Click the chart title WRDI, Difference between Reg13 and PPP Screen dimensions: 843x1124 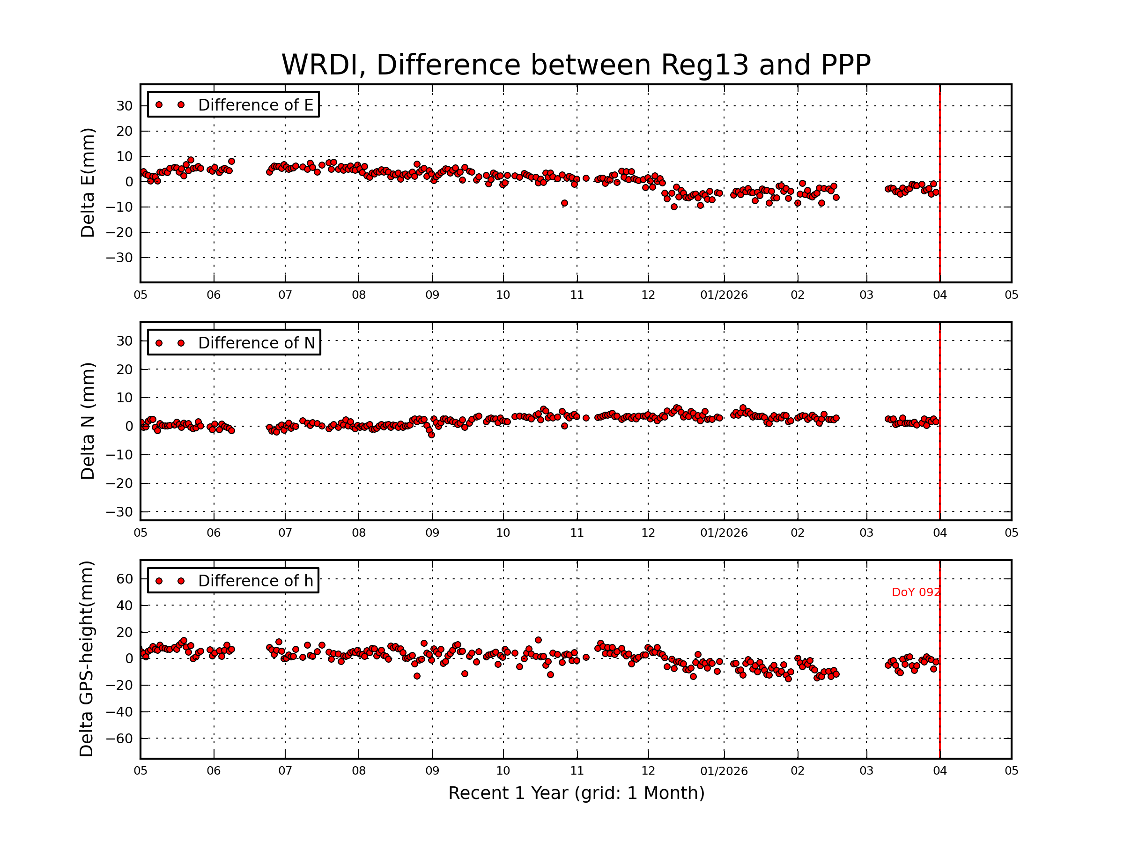pyautogui.click(x=576, y=65)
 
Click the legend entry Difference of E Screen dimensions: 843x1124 pyautogui.click(x=255, y=105)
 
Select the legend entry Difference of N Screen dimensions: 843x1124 pyautogui.click(x=256, y=343)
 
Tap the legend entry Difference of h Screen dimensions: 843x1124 pyautogui.click(x=255, y=581)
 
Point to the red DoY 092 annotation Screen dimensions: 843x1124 pyautogui.click(x=916, y=592)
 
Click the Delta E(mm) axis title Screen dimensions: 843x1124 pyautogui.click(x=88, y=183)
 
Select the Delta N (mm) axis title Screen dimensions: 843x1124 pyautogui.click(x=88, y=421)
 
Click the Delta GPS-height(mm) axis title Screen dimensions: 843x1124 pyautogui.click(x=86, y=659)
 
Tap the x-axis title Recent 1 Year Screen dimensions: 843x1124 pyautogui.click(x=576, y=793)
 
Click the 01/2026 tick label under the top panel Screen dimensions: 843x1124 pyautogui.click(x=724, y=295)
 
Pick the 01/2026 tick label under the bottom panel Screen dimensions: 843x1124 pyautogui.click(x=724, y=771)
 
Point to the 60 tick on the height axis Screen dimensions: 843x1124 pyautogui.click(x=125, y=579)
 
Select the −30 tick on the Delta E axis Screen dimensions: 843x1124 pyautogui.click(x=119, y=258)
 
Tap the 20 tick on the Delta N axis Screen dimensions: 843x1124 pyautogui.click(x=125, y=370)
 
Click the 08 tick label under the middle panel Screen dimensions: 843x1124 pyautogui.click(x=359, y=533)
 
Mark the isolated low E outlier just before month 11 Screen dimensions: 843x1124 pyautogui.click(x=564, y=203)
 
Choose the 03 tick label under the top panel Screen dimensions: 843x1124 pyautogui.click(x=866, y=295)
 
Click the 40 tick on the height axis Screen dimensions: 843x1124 pyautogui.click(x=125, y=605)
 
